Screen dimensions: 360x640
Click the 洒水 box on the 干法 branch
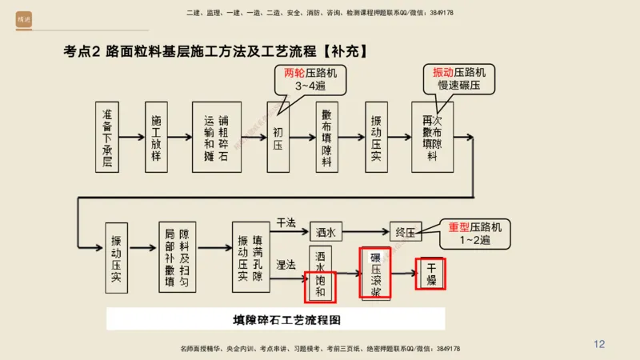pos(325,232)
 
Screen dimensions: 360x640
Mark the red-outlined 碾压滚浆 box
pos(375,273)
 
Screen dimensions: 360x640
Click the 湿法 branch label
pos(286,264)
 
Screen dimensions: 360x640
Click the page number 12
pos(599,344)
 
